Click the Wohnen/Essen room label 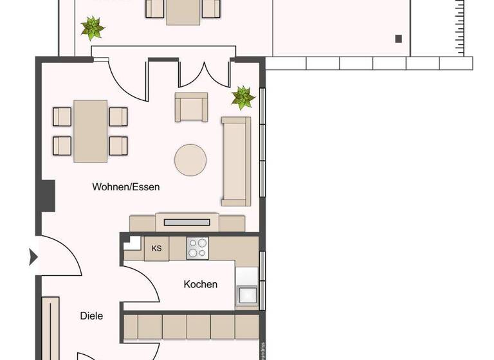(125, 188)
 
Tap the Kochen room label (200, 284)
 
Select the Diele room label (91, 316)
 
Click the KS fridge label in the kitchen (156, 248)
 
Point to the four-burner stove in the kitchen (198, 248)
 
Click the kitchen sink (247, 295)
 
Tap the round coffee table (190, 159)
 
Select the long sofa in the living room (235, 161)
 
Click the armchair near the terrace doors (191, 106)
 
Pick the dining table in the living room (90, 130)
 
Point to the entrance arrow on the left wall (33, 258)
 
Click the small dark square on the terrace (398, 39)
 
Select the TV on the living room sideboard (187, 222)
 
